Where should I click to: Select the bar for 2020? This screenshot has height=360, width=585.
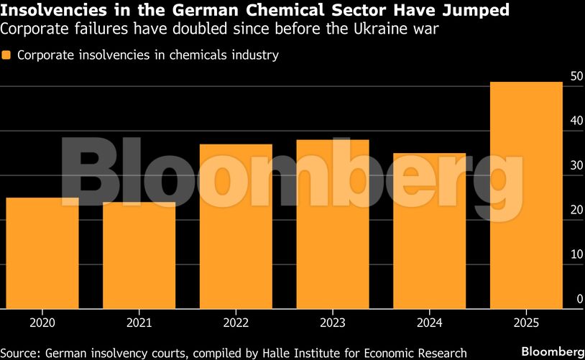click(x=42, y=253)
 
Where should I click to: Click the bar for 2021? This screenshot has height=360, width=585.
click(x=139, y=255)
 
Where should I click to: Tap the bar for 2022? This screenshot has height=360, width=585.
click(x=236, y=226)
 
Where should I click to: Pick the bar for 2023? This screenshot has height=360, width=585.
click(x=333, y=224)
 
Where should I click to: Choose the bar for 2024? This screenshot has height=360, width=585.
click(x=429, y=231)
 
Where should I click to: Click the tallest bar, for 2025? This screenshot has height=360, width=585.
click(x=526, y=195)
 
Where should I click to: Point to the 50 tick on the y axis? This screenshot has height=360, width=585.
click(x=576, y=76)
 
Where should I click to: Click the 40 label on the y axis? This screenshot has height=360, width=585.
click(x=576, y=121)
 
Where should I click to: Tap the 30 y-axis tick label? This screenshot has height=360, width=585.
click(x=576, y=165)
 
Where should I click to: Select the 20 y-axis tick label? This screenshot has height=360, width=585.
click(x=576, y=210)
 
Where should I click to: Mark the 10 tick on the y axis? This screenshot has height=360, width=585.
click(x=576, y=254)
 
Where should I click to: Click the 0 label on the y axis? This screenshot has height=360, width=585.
click(x=579, y=299)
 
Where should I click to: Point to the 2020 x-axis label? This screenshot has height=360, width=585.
click(x=42, y=323)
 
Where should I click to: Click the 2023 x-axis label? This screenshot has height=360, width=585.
click(x=333, y=323)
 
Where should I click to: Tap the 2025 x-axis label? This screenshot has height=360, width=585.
click(x=526, y=323)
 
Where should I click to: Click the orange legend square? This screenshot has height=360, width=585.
click(x=7, y=55)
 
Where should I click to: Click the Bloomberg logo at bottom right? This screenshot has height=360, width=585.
click(x=552, y=351)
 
